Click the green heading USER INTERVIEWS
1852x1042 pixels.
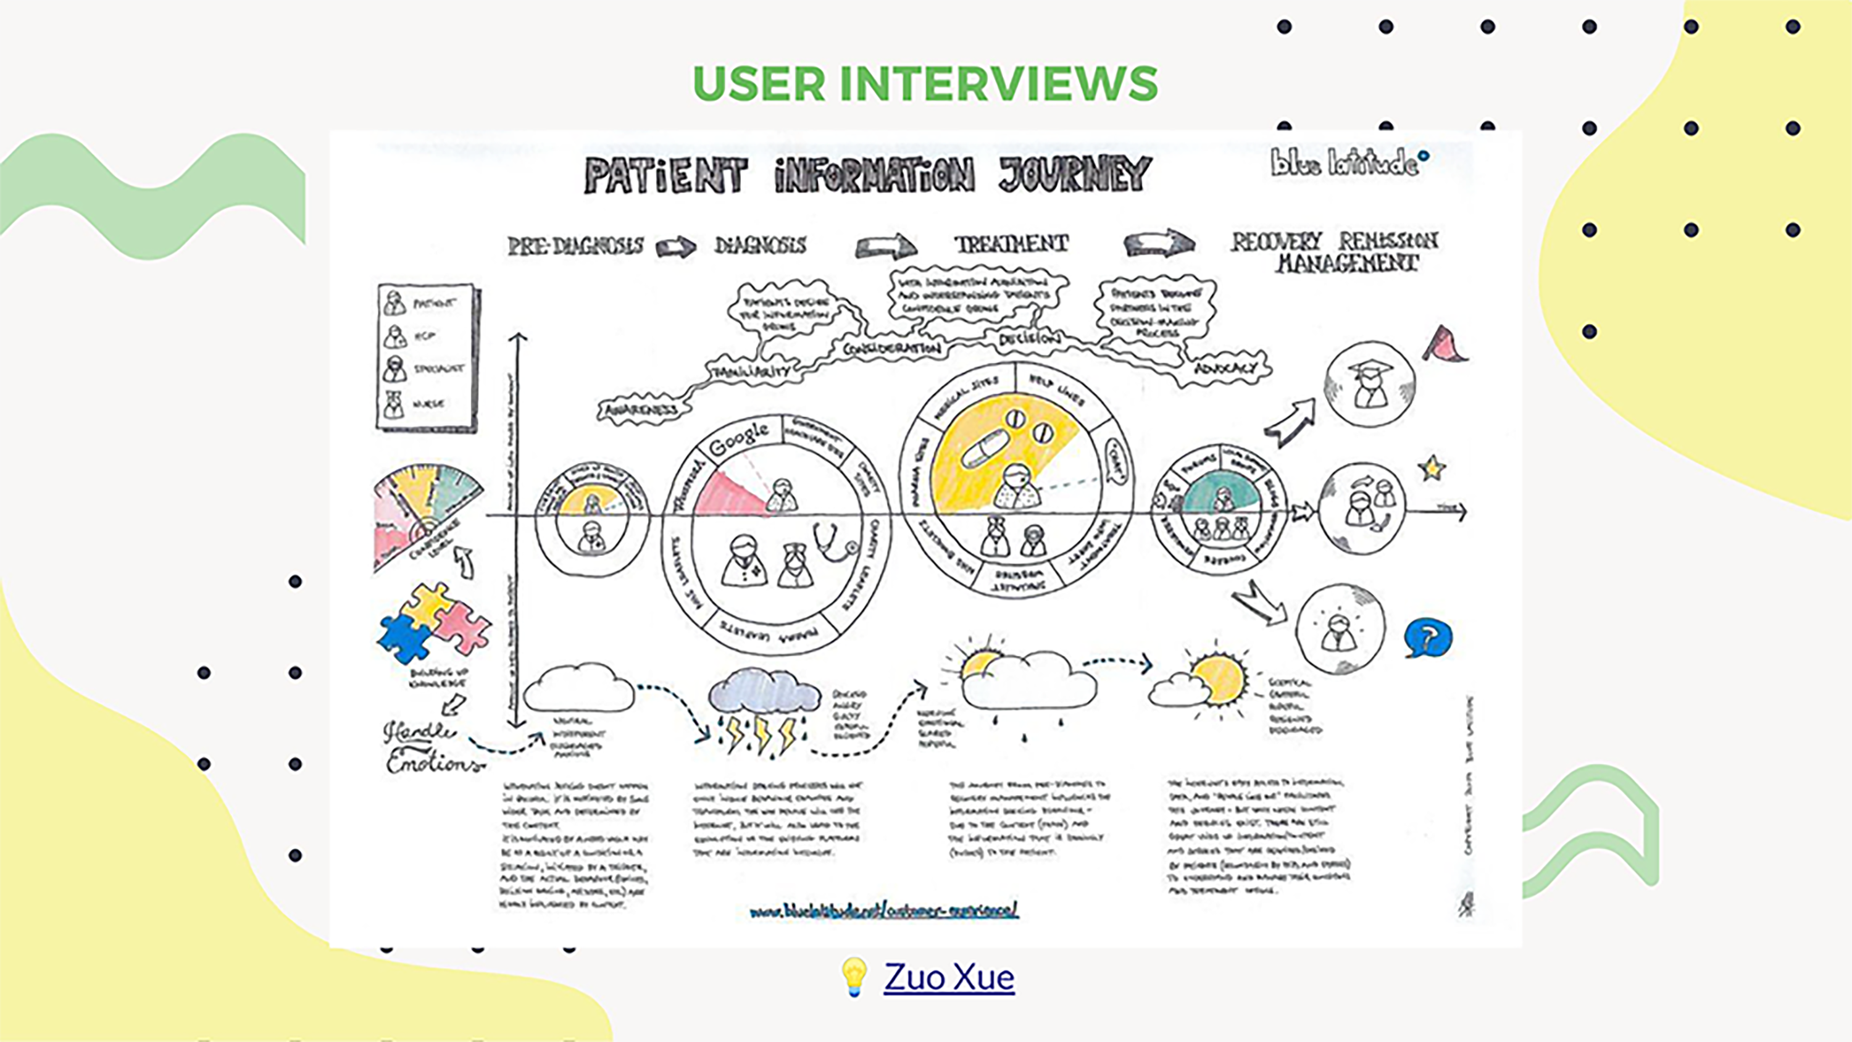[925, 83]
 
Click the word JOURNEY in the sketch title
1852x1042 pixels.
[1075, 175]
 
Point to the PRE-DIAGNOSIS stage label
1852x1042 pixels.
[575, 246]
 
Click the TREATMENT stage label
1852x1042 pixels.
[1011, 244]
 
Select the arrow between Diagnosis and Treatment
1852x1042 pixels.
[886, 247]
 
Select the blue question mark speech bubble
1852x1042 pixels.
[1428, 637]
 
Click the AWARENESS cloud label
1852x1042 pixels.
[641, 409]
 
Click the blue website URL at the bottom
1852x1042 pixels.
[883, 911]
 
